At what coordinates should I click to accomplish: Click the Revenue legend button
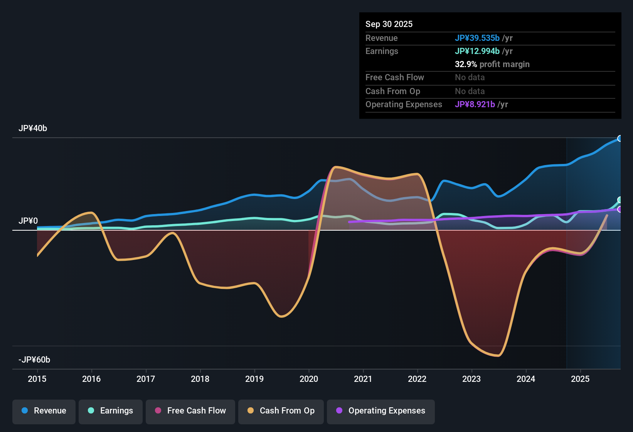point(44,411)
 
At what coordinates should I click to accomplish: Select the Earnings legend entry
point(111,411)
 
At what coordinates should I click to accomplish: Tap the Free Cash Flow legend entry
point(190,411)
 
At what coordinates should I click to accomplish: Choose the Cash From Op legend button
point(281,411)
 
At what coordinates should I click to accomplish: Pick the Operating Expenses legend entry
point(381,411)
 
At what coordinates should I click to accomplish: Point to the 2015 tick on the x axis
point(37,379)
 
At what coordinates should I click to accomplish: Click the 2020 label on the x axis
point(309,379)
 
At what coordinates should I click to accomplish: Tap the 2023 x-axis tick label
point(471,379)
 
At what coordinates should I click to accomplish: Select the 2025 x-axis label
point(580,379)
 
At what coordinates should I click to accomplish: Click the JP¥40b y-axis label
point(33,128)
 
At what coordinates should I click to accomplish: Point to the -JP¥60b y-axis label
point(34,360)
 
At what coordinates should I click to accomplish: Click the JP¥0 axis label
point(28,221)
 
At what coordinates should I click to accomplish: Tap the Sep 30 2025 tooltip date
point(389,24)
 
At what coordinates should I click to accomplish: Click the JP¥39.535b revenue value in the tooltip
point(477,38)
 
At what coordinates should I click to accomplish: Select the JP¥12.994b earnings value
point(477,51)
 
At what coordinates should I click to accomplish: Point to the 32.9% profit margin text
point(492,64)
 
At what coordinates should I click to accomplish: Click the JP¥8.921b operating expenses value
point(475,104)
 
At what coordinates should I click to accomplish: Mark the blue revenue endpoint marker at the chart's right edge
point(620,138)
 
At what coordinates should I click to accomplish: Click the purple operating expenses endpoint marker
point(620,209)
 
